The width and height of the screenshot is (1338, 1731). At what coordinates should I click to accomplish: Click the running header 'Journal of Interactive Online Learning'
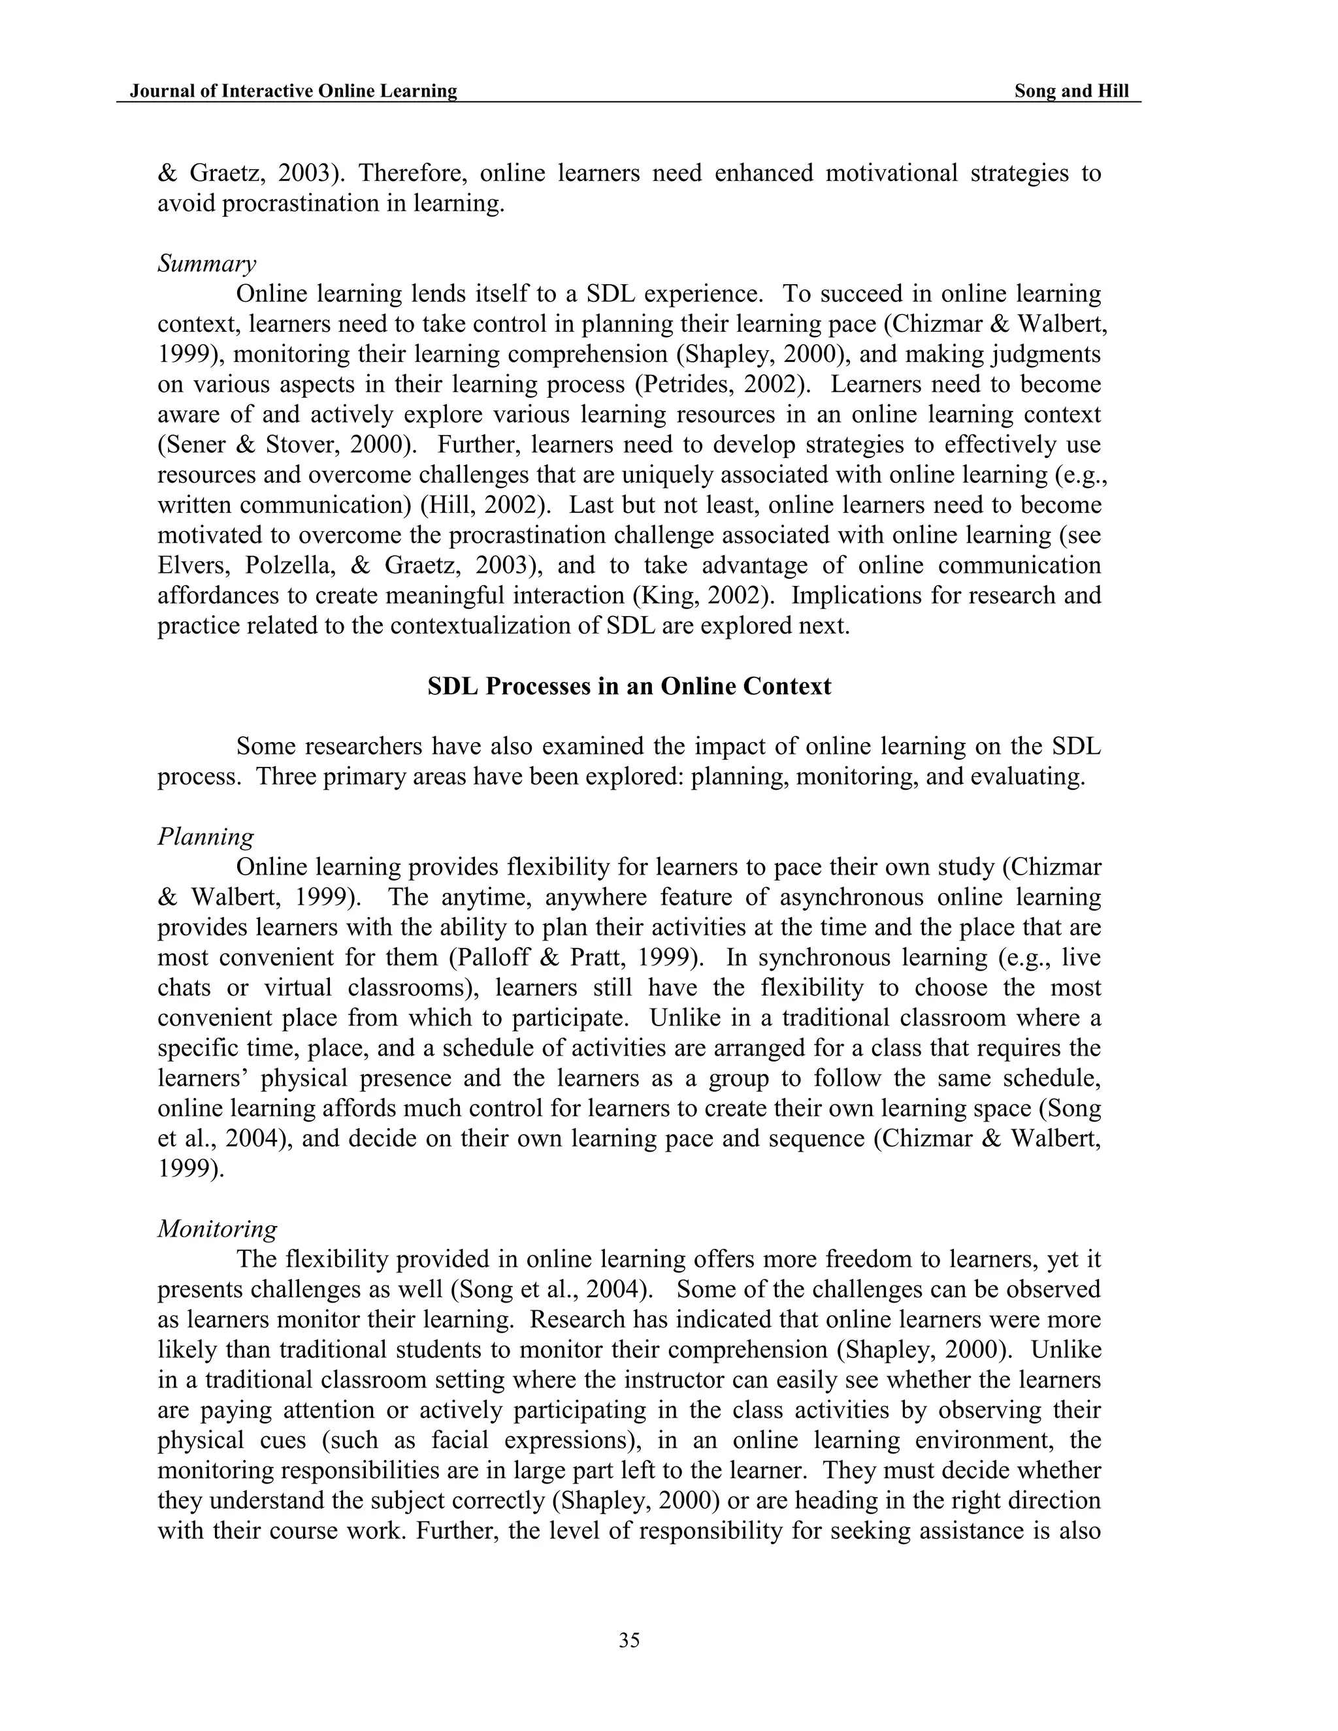293,91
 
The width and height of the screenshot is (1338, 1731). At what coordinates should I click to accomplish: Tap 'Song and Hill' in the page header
1071,91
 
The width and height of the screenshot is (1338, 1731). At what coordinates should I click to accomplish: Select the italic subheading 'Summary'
206,264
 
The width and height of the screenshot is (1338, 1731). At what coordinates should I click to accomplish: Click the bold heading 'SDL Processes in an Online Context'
628,687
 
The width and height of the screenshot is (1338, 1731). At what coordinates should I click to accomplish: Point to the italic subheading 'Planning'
205,837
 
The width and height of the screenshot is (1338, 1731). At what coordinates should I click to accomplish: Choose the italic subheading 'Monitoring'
217,1229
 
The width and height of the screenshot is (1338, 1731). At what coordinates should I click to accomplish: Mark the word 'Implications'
856,596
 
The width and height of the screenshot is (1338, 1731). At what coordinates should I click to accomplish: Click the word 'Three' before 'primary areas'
286,777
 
